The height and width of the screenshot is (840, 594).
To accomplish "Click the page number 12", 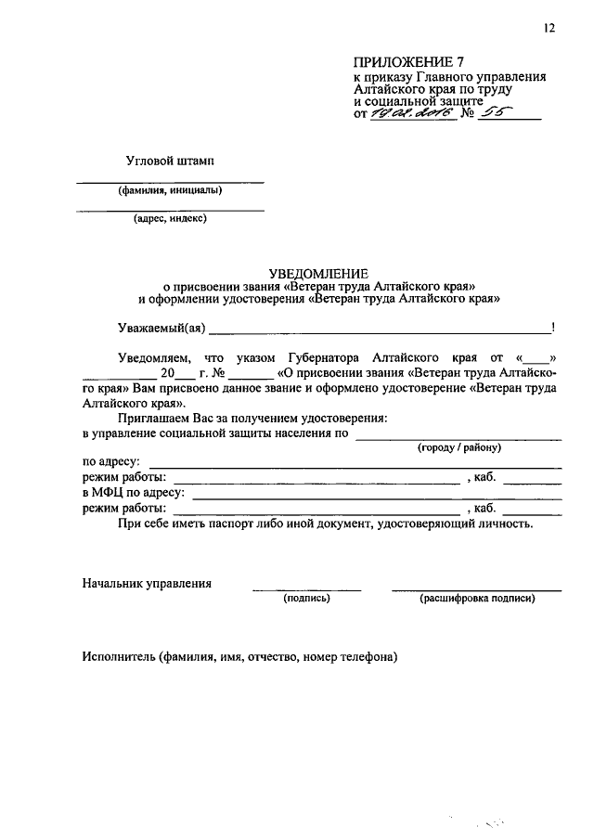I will pyautogui.click(x=549, y=29).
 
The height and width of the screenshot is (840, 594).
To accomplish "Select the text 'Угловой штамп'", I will pyautogui.click(x=170, y=161).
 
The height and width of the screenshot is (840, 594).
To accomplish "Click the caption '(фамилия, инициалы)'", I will pyautogui.click(x=169, y=192).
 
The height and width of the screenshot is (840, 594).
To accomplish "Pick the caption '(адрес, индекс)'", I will pyautogui.click(x=169, y=220).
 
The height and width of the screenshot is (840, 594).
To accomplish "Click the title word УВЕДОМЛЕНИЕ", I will pyautogui.click(x=318, y=273).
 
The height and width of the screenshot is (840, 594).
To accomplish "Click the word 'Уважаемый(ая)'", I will pyautogui.click(x=161, y=328).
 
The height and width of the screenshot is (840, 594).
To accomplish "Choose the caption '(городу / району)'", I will pyautogui.click(x=459, y=447).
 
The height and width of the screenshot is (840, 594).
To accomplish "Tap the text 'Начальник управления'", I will pyautogui.click(x=147, y=584).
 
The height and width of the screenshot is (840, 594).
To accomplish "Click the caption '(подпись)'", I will pyautogui.click(x=307, y=599).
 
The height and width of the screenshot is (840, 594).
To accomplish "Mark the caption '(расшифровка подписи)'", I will pyautogui.click(x=477, y=599).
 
